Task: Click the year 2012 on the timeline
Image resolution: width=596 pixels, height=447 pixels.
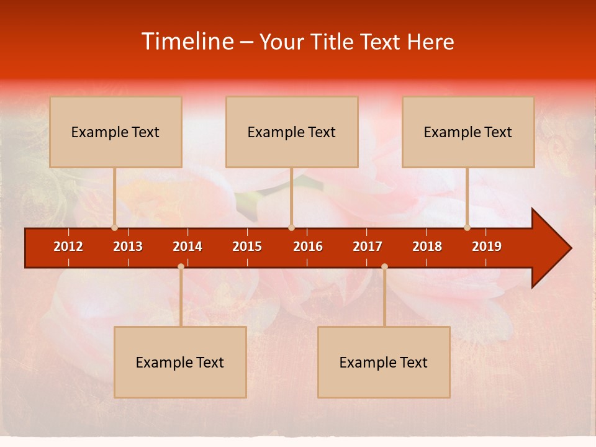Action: coord(68,246)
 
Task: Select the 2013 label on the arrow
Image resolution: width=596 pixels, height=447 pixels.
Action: coord(128,246)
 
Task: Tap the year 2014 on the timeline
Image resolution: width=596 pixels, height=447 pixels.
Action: coord(187,246)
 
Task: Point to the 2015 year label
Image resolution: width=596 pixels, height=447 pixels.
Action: coord(247,246)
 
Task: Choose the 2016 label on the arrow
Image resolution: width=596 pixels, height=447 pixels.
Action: coord(308,246)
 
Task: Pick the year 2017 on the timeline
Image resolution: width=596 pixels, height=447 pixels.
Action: coord(368,246)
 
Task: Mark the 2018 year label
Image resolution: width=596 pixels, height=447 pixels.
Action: coord(427,246)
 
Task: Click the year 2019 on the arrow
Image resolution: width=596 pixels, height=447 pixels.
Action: coord(487,246)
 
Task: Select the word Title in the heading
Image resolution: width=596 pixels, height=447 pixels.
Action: coord(331,42)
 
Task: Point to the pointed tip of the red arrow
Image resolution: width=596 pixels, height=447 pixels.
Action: coord(569,248)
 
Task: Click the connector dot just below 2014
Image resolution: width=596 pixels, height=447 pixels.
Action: coord(181,267)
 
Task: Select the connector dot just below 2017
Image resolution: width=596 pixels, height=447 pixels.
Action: coord(384,267)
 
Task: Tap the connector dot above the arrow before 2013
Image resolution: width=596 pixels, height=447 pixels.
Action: coord(115,227)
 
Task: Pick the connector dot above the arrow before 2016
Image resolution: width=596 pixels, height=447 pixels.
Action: coord(291,227)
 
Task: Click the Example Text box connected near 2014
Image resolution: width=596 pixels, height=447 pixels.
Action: coord(180,362)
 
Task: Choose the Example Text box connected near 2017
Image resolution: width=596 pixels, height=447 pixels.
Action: coord(384,362)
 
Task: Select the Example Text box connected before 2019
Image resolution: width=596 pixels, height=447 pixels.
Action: coord(468,132)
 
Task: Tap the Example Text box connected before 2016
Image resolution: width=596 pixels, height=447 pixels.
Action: coord(292,132)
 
